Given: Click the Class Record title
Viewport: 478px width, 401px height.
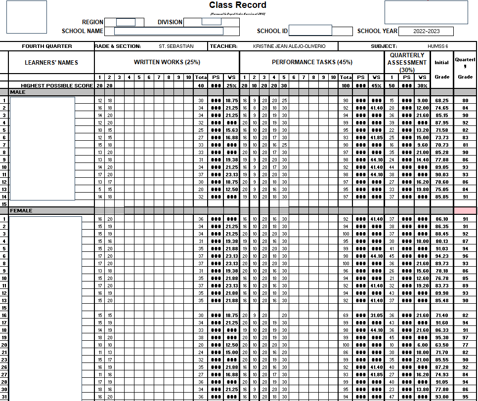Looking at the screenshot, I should click(x=237, y=5).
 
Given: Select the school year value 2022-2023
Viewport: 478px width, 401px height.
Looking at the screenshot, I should click(x=426, y=31).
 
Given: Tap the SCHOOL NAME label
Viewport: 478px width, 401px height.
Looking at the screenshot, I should click(x=83, y=31).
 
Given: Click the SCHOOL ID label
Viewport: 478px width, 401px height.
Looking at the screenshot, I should click(x=272, y=31).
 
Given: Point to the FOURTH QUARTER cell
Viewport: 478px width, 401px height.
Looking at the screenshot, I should click(x=47, y=46).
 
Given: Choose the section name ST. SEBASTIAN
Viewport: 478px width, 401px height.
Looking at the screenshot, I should click(x=176, y=46).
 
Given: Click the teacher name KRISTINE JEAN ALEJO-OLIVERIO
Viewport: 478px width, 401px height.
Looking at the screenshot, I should click(x=289, y=46).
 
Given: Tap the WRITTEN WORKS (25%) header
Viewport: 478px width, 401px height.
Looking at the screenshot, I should click(x=167, y=62).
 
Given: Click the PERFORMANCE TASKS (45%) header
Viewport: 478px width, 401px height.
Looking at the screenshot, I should click(x=312, y=62).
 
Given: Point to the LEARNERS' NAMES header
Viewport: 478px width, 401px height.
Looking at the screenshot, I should click(x=51, y=62).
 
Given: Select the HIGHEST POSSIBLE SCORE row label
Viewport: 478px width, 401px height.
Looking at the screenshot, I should click(x=57, y=86).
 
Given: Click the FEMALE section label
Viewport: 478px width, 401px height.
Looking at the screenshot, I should click(x=21, y=211).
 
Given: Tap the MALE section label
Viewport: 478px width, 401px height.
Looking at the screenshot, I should click(x=18, y=92).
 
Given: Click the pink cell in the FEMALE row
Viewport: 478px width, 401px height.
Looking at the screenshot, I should click(x=465, y=211).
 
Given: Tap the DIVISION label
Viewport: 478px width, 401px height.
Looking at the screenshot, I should click(x=170, y=22).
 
